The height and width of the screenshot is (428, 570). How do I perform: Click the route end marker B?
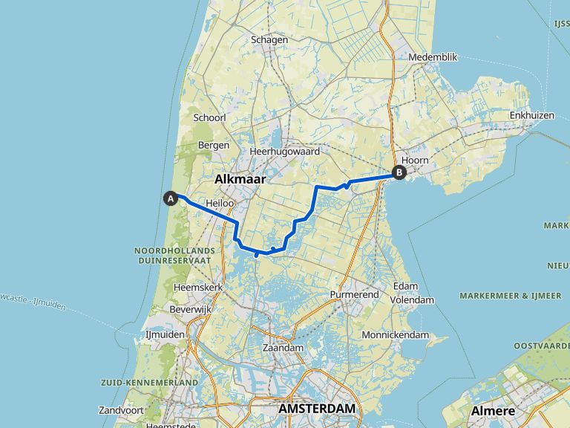[x=399, y=173]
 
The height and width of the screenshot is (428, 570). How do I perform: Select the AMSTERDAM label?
[x=317, y=409]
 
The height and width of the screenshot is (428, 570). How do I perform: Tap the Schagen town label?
[x=269, y=40]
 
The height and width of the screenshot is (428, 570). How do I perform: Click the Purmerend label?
[x=355, y=295]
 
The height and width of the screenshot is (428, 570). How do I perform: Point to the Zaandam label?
[x=284, y=348]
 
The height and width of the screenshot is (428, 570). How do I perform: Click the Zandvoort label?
[x=121, y=410]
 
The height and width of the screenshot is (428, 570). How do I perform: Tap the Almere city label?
[x=494, y=411]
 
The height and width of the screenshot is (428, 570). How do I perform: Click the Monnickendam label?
[x=396, y=335]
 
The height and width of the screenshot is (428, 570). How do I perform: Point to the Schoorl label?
[x=209, y=117]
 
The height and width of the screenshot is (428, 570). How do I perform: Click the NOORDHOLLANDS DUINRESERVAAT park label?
[x=175, y=256]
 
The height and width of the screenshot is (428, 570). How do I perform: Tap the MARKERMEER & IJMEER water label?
[x=510, y=295]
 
